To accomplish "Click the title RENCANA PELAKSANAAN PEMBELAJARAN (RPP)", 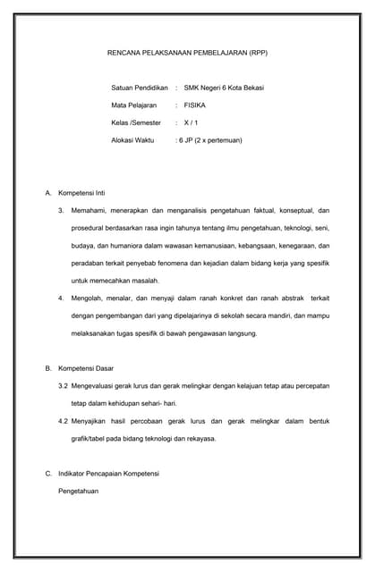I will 187,53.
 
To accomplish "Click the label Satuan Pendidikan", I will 139,88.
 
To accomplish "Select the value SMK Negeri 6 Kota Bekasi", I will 224,88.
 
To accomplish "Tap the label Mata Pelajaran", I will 134,105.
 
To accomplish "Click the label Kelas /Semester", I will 137,122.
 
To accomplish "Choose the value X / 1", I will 191,122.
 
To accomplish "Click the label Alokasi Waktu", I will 132,140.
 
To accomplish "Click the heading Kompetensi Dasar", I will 86,368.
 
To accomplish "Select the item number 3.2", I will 63,385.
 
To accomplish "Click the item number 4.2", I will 63,421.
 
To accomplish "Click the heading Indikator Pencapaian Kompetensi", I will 107,473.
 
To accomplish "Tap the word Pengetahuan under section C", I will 79,491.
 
